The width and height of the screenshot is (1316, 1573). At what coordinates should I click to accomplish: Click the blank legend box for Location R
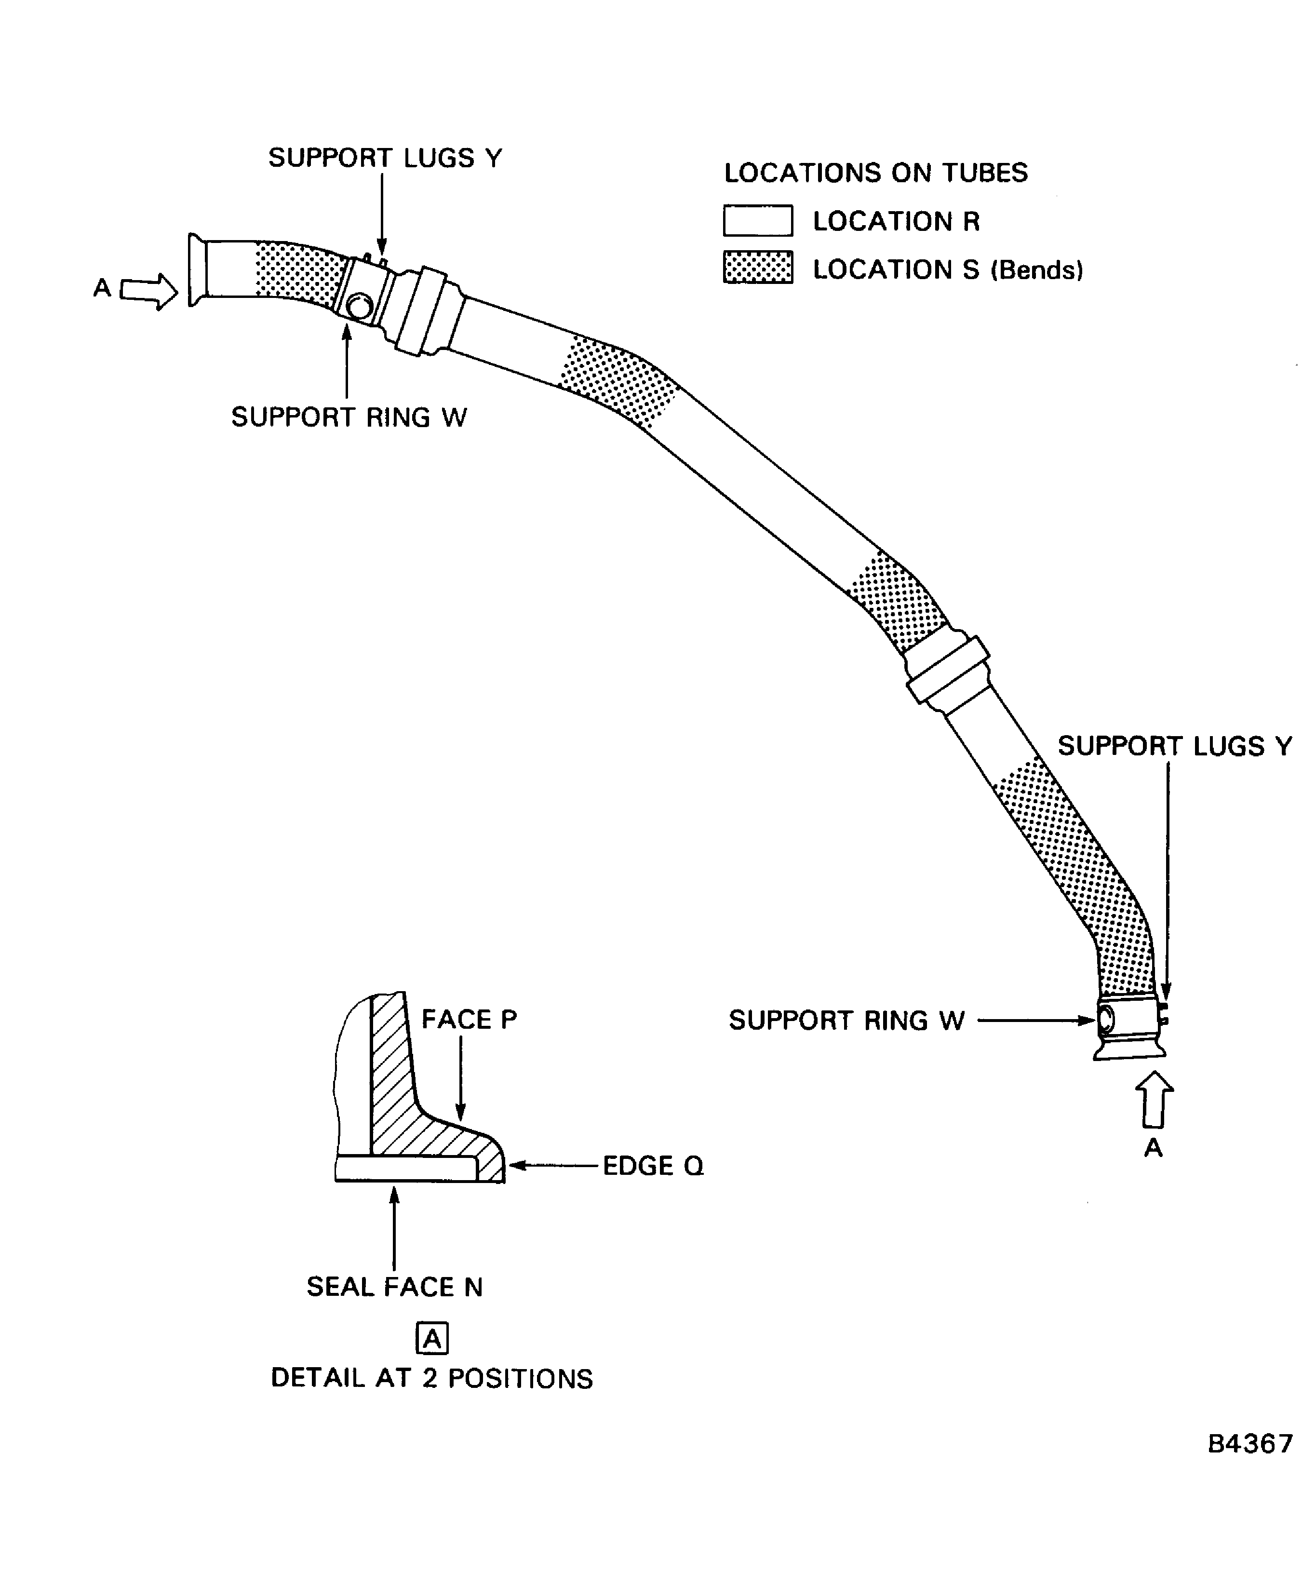click(757, 220)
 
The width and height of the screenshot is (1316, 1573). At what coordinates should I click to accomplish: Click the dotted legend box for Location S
click(757, 268)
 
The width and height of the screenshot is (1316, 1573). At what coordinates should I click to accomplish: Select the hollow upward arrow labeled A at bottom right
click(1154, 1100)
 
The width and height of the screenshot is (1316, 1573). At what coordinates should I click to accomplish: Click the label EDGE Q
click(652, 1166)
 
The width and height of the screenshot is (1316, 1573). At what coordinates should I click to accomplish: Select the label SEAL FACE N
click(394, 1287)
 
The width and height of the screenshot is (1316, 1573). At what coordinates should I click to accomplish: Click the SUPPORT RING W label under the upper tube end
click(349, 417)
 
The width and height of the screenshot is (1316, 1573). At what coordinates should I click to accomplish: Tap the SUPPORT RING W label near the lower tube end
click(846, 1020)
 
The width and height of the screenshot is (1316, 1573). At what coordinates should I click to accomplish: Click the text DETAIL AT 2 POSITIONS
click(431, 1378)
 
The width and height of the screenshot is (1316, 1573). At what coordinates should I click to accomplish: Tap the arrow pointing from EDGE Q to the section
click(554, 1166)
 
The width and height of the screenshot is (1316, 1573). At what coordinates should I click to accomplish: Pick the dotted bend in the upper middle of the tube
click(618, 382)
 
